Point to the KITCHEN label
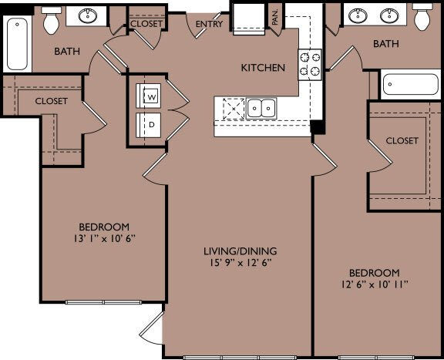[x=264, y=68]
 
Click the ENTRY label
[x=209, y=24]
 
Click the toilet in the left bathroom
[x=52, y=22]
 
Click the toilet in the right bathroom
[x=423, y=18]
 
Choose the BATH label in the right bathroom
[x=386, y=44]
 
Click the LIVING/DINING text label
[x=240, y=251]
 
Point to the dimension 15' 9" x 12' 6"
[x=240, y=263]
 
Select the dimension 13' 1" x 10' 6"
[x=103, y=238]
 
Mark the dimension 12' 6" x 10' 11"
[x=374, y=284]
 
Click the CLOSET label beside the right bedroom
[x=402, y=140]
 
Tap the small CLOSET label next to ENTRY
[x=146, y=24]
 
